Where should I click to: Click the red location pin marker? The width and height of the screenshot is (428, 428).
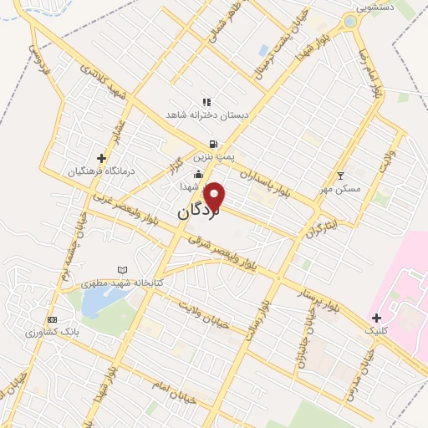point(215,197)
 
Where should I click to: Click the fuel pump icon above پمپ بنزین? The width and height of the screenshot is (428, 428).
point(214,143)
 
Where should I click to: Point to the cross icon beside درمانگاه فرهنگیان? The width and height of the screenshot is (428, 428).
point(101,157)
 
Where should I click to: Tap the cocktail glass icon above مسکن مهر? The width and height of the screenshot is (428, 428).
point(339,176)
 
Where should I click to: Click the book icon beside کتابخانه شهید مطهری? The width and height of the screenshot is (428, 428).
point(124,270)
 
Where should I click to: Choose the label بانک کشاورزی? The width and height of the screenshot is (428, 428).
point(76,332)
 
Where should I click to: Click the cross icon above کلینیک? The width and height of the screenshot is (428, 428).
point(376,318)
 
